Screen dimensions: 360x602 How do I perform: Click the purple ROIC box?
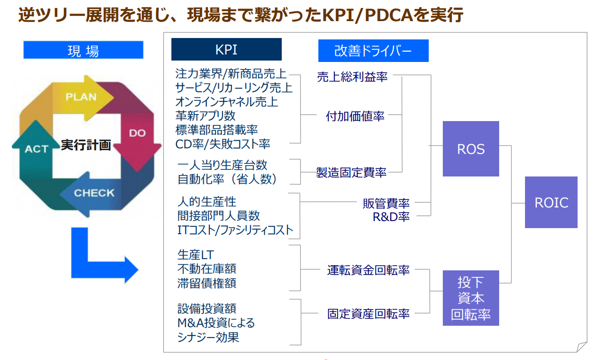click(551, 202)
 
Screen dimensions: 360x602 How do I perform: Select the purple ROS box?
click(471, 149)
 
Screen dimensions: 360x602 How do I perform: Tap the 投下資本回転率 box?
click(471, 298)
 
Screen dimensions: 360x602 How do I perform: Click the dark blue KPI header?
click(226, 49)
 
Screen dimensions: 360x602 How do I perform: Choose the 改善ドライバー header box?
click(373, 51)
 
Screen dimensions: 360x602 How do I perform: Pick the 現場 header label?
click(83, 50)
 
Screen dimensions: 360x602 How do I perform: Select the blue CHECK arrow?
click(94, 193)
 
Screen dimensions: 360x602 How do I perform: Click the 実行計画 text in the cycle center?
click(86, 145)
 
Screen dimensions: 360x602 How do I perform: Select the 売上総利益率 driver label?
click(352, 77)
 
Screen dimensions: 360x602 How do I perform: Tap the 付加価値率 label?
click(355, 116)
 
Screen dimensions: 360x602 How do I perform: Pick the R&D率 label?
click(391, 217)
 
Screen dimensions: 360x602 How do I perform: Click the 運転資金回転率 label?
click(368, 270)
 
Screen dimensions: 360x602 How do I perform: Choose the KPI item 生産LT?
click(195, 255)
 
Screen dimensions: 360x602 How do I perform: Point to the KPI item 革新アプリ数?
click(205, 115)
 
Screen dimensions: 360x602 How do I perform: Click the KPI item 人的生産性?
click(207, 202)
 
